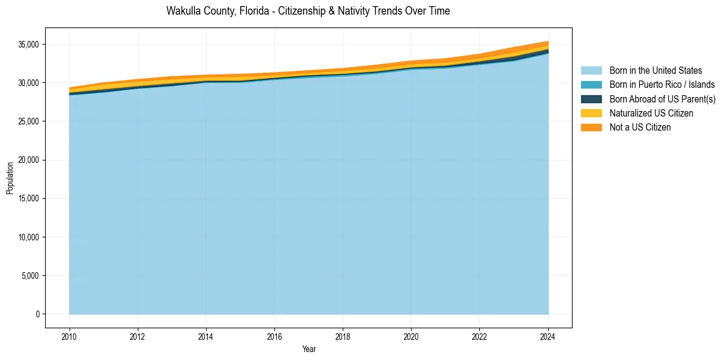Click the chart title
click(308, 11)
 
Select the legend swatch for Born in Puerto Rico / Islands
click(591, 85)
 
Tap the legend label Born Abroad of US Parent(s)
click(662, 99)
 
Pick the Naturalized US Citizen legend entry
click(651, 113)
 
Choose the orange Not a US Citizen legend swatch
click(591, 128)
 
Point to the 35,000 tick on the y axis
click(29, 45)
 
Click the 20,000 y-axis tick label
click(29, 160)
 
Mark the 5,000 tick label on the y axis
click(30, 276)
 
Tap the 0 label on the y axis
click(37, 314)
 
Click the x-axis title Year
click(309, 349)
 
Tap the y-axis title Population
click(10, 178)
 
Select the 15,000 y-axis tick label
click(29, 198)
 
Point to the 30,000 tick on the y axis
click(29, 83)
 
